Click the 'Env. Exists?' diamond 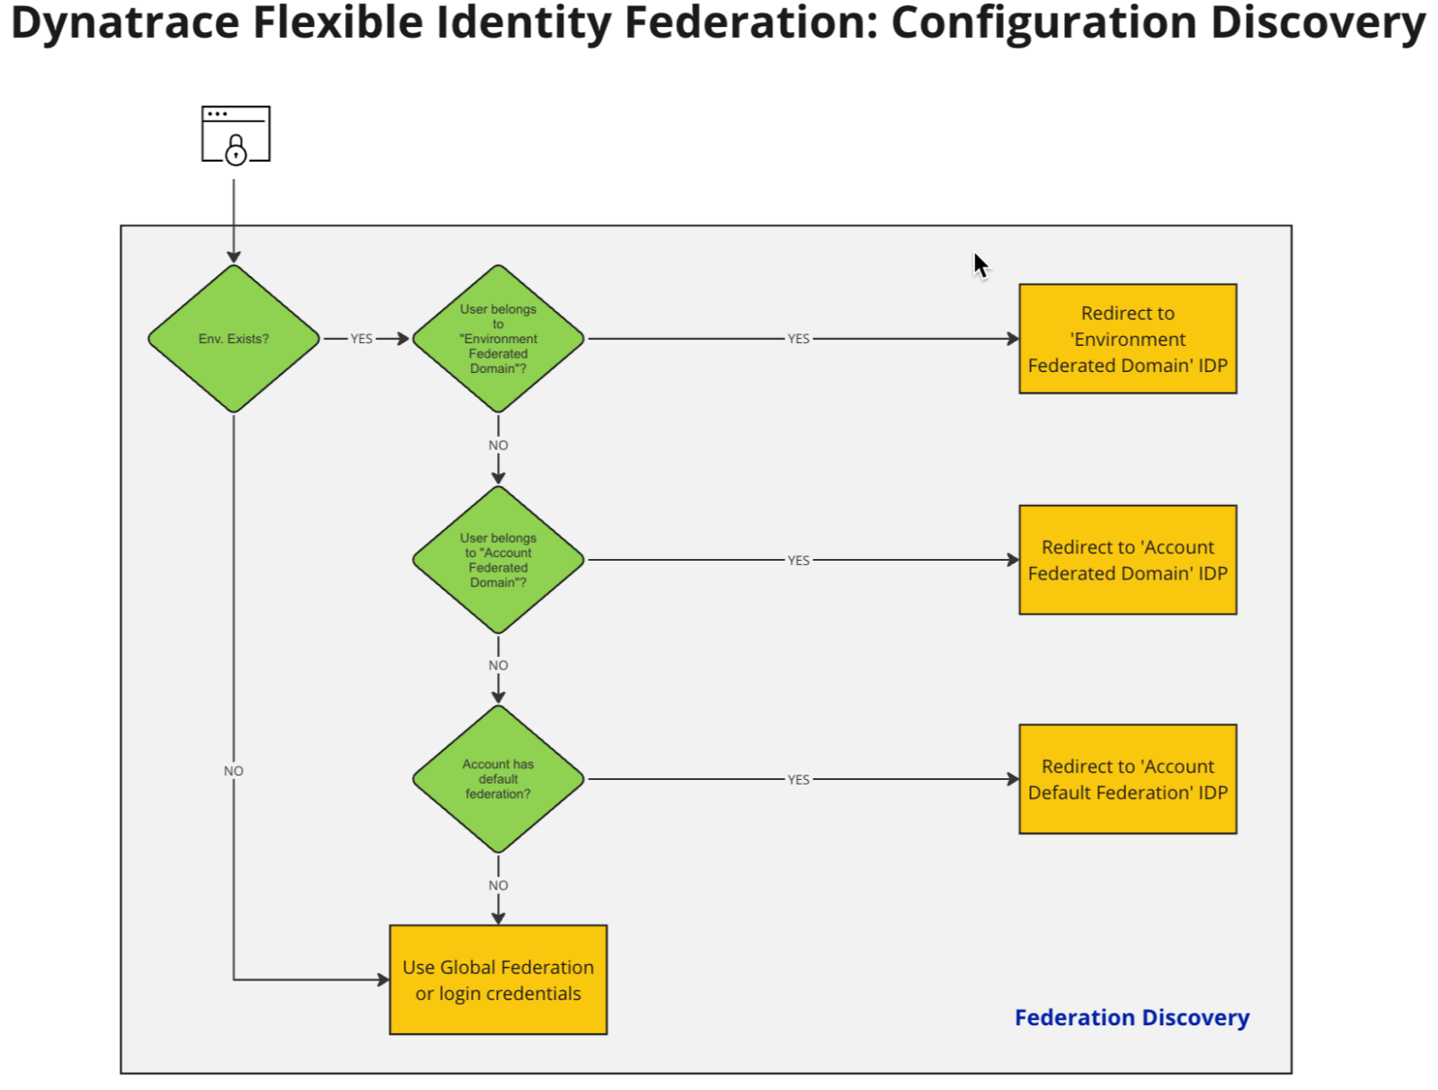(234, 339)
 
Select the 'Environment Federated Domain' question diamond (498, 339)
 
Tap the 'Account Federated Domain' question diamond (498, 560)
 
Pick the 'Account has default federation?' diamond (498, 779)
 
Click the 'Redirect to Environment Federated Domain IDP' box (1127, 339)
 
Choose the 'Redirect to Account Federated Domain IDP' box (1127, 560)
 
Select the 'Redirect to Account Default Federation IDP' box (1127, 779)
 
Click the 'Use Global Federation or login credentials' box (498, 979)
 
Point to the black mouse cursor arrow (980, 265)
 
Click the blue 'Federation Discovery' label (1132, 1017)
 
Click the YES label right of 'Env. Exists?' (361, 339)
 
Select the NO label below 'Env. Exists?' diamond (234, 771)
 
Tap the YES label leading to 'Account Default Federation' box (798, 780)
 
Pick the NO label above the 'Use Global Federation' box (498, 885)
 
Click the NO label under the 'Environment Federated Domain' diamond (498, 445)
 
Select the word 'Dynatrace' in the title (124, 22)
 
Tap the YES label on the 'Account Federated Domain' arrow (798, 560)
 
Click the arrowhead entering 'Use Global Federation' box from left (383, 979)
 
